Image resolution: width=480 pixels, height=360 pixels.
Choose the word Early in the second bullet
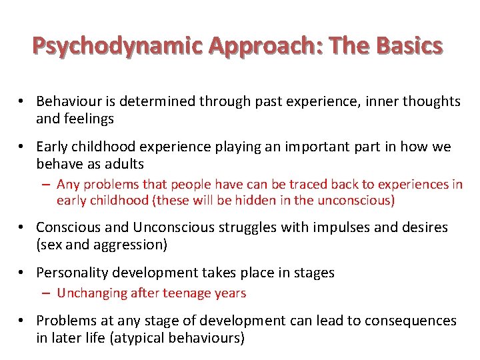coord(53,147)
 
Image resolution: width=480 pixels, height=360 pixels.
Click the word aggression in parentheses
coord(131,245)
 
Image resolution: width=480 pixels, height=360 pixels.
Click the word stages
coord(314,273)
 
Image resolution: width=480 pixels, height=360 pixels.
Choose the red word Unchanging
coord(91,293)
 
